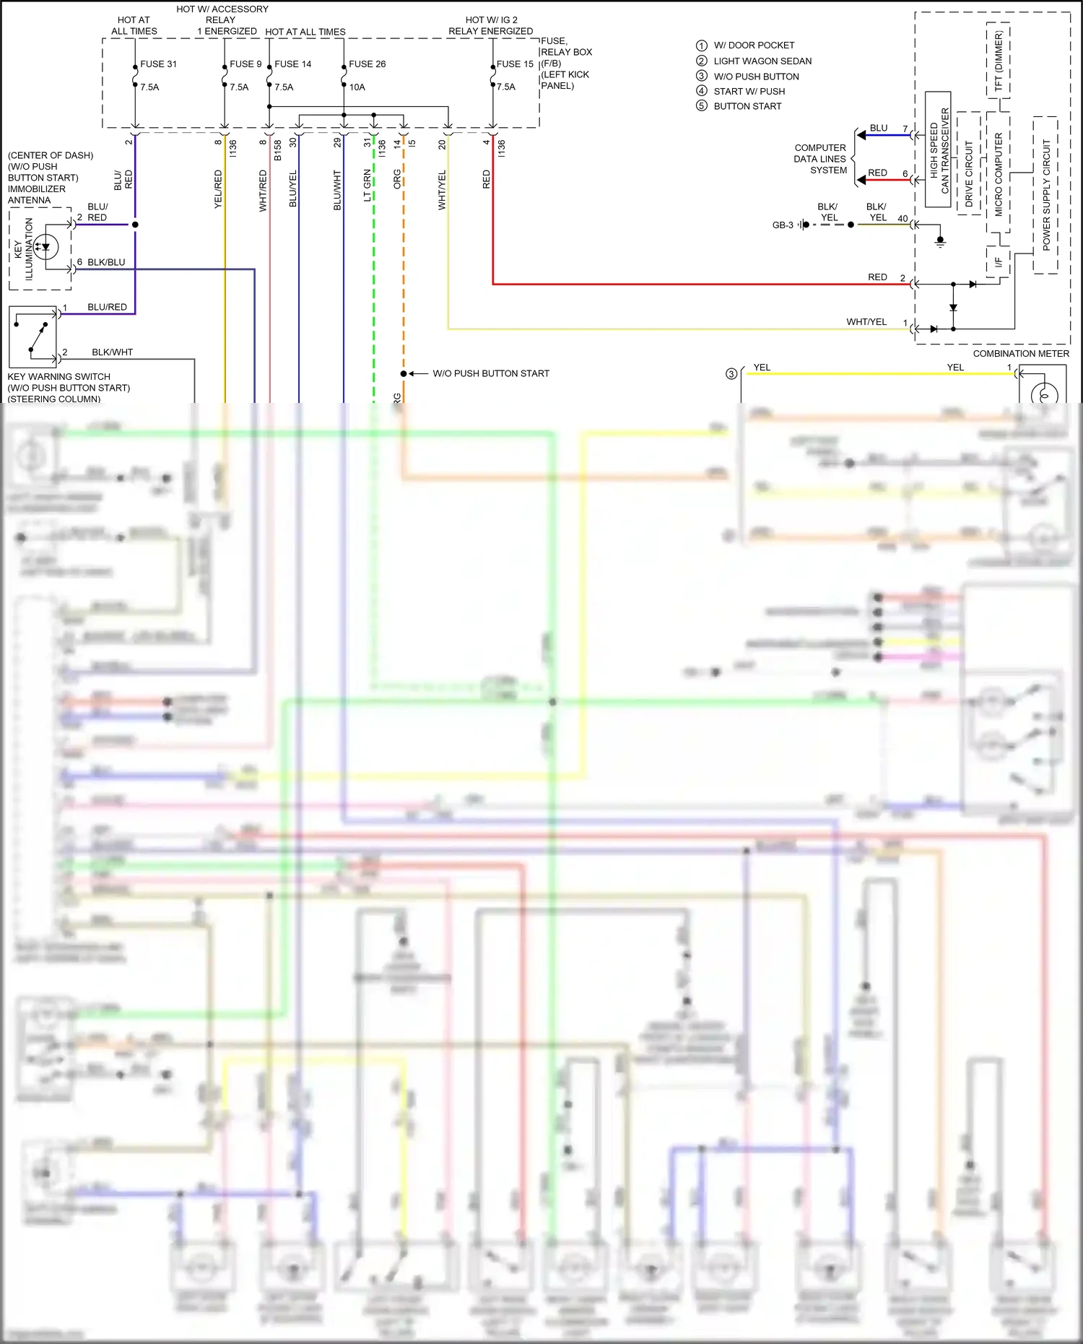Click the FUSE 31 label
pyautogui.click(x=158, y=64)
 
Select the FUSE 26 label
pyautogui.click(x=367, y=64)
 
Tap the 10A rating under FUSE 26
pyautogui.click(x=357, y=87)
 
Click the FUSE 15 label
pyautogui.click(x=515, y=64)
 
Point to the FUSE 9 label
pyautogui.click(x=245, y=64)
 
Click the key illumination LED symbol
pyautogui.click(x=46, y=247)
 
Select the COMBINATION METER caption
pyautogui.click(x=1021, y=354)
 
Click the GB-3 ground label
pyautogui.click(x=783, y=225)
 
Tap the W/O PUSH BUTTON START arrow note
pyautogui.click(x=490, y=373)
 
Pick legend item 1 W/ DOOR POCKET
pyautogui.click(x=753, y=45)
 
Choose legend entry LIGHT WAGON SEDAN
pyautogui.click(x=762, y=61)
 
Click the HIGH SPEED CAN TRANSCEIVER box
pyautogui.click(x=939, y=150)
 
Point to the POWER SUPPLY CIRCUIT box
pyautogui.click(x=1045, y=195)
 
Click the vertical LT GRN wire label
pyautogui.click(x=367, y=186)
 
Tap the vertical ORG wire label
pyautogui.click(x=397, y=180)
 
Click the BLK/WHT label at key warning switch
pyautogui.click(x=112, y=352)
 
